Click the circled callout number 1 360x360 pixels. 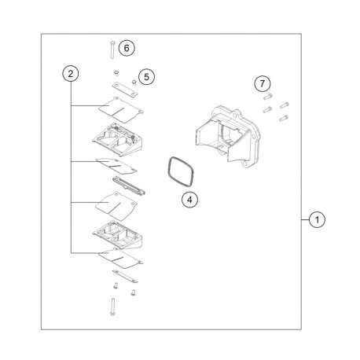click(314, 220)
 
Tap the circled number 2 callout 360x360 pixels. click(71, 73)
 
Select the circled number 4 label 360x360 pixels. click(189, 200)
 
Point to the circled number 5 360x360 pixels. click(145, 76)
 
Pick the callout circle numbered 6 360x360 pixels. click(127, 47)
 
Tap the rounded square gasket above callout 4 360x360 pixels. click(181, 170)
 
